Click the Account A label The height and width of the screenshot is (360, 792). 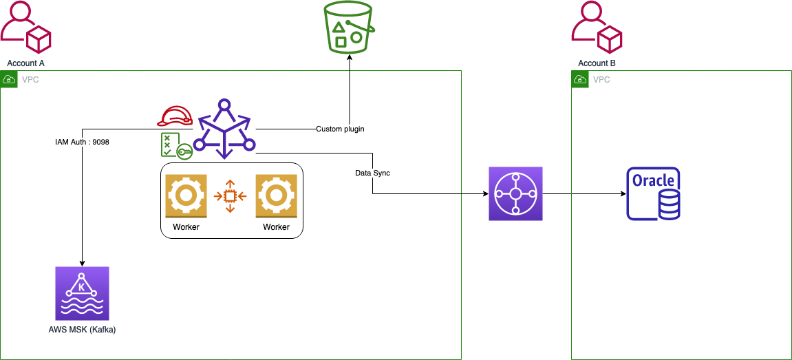click(26, 63)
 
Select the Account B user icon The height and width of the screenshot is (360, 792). click(597, 28)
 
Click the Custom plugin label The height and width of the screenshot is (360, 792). click(340, 129)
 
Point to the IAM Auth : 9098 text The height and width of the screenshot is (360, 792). click(82, 142)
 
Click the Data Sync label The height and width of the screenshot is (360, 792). click(372, 173)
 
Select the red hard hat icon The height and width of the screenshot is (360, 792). click(175, 117)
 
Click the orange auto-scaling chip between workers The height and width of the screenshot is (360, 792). click(231, 195)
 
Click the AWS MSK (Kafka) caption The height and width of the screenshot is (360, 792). click(82, 329)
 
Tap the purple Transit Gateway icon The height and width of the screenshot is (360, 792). click(515, 193)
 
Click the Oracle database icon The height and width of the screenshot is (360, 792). click(653, 193)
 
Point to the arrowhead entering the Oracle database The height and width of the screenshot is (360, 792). click(623, 193)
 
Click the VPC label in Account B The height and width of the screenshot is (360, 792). click(601, 80)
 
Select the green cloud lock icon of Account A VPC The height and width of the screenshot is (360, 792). click(9, 80)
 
